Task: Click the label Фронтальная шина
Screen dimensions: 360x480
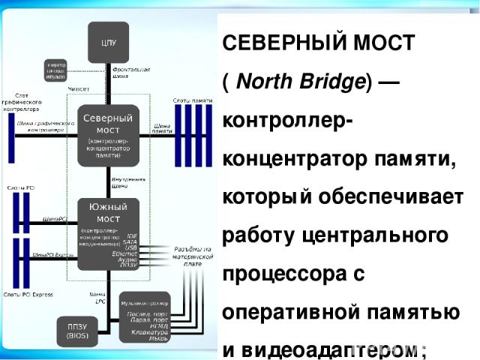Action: click(137, 73)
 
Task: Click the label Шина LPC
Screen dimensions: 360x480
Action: click(97, 298)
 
